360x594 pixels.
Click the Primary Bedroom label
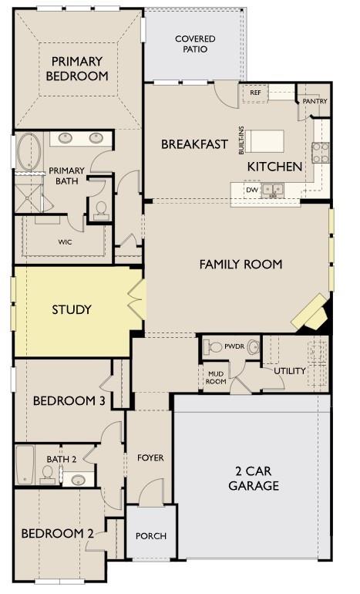click(x=77, y=69)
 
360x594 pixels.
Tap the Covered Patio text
click(x=195, y=44)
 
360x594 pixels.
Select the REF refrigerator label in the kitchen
click(x=255, y=93)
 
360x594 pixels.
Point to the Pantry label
click(x=315, y=101)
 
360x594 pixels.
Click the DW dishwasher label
click(x=252, y=190)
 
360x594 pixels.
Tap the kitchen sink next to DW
click(x=273, y=190)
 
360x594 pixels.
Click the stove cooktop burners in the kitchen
click(x=320, y=152)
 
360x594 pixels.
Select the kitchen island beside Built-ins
click(x=264, y=141)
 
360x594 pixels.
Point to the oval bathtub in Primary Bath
click(x=29, y=151)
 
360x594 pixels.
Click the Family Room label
click(x=241, y=264)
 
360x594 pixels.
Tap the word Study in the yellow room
click(x=72, y=309)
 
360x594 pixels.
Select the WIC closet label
click(x=65, y=242)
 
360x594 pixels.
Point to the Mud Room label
click(x=216, y=378)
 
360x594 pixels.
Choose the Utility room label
click(x=290, y=371)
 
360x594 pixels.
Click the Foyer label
click(x=150, y=458)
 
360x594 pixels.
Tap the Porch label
click(x=151, y=536)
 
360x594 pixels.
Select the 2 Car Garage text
click(x=254, y=478)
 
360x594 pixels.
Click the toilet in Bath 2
click(x=47, y=475)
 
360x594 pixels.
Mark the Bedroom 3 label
click(x=69, y=400)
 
